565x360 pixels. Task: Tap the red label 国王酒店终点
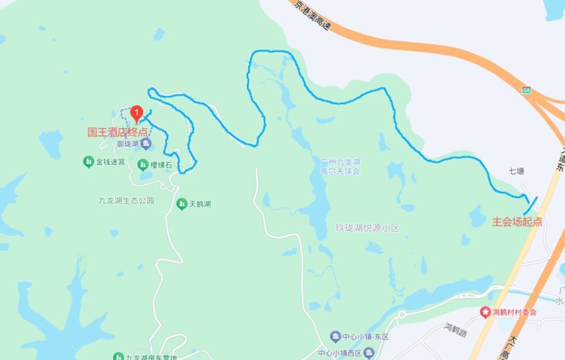point(118,132)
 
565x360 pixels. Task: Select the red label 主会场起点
point(517,222)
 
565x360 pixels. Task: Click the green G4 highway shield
point(526,90)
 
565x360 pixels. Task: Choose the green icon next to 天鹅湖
point(181,204)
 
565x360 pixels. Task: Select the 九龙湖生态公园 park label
point(126,200)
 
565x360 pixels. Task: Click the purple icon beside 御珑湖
point(146,144)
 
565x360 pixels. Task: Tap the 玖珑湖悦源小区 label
point(367,228)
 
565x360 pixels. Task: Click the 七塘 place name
point(516,171)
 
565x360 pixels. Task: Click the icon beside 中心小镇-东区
point(335,336)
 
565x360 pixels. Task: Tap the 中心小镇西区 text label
point(339,353)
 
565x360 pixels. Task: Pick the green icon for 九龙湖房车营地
point(118,357)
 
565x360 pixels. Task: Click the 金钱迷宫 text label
point(111,162)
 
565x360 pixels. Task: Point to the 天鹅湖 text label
point(200,204)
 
